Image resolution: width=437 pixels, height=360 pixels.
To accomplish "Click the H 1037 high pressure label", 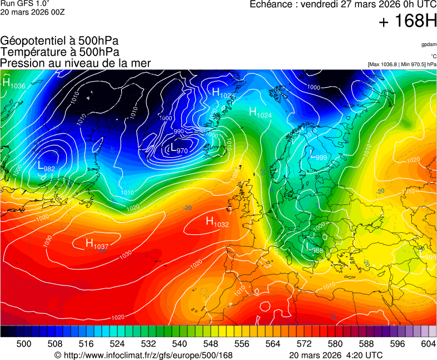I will pyautogui.click(x=97, y=243).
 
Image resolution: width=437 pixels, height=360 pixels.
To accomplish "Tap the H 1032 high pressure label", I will pyautogui.click(x=217, y=222).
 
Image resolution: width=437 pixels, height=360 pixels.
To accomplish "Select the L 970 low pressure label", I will pyautogui.click(x=178, y=149).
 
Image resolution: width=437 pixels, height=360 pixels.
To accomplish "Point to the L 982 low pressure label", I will pyautogui.click(x=46, y=166).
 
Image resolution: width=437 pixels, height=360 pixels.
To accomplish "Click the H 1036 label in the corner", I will pyautogui.click(x=14, y=84).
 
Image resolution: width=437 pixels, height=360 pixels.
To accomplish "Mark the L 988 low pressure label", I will pyautogui.click(x=314, y=248).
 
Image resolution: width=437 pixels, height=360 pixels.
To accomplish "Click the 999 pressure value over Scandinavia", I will pyautogui.click(x=321, y=158).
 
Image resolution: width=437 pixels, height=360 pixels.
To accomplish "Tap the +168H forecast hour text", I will pyautogui.click(x=408, y=22).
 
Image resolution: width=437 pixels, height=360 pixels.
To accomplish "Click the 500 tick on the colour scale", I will pyautogui.click(x=24, y=344).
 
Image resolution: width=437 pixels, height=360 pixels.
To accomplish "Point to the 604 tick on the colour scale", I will pyautogui.click(x=428, y=344).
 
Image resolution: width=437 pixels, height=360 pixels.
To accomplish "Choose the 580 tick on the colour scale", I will pyautogui.click(x=335, y=344).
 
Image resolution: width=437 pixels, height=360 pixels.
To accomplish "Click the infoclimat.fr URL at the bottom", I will pyautogui.click(x=143, y=355).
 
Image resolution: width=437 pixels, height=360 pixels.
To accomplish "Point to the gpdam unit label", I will pyautogui.click(x=429, y=44).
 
